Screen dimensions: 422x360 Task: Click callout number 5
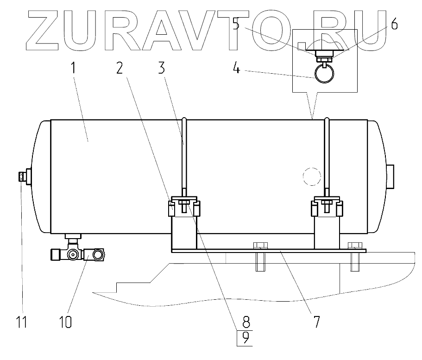pyautogui.click(x=236, y=24)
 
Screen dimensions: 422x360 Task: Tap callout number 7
pyautogui.click(x=316, y=322)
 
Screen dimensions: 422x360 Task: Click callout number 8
pyautogui.click(x=246, y=322)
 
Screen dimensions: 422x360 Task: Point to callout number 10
pyautogui.click(x=65, y=322)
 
